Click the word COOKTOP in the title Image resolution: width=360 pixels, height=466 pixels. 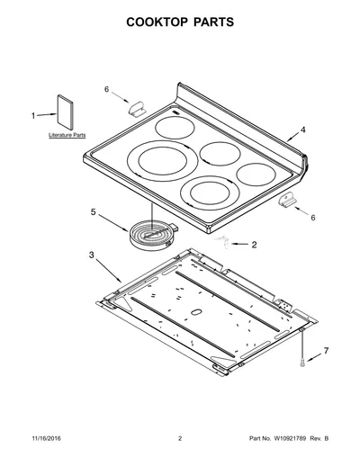point(156,22)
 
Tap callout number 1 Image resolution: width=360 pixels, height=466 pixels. point(33,116)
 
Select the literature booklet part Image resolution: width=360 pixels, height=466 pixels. point(65,112)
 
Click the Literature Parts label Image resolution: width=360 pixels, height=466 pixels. point(67,135)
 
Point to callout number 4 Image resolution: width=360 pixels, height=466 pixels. point(303,130)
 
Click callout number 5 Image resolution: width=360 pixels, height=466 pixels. point(94,212)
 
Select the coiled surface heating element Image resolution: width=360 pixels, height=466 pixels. point(153,235)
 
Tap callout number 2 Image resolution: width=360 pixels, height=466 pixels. point(254,245)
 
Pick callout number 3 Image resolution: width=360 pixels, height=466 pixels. point(91,255)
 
